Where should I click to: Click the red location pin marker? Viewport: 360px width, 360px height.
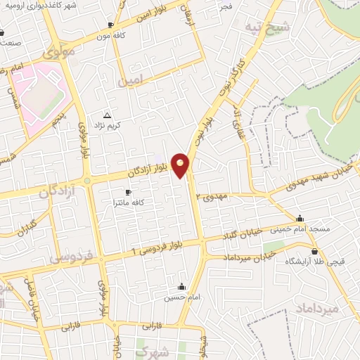click(181, 165)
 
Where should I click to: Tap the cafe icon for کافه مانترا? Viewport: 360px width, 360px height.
click(128, 192)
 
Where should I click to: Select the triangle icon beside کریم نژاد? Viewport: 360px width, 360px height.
click(107, 115)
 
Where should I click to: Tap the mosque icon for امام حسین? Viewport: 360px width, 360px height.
click(182, 286)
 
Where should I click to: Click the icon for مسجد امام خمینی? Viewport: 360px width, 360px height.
click(300, 218)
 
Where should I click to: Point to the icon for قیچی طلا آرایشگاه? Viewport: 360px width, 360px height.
click(314, 251)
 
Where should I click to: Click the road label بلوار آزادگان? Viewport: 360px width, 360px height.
click(150, 169)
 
